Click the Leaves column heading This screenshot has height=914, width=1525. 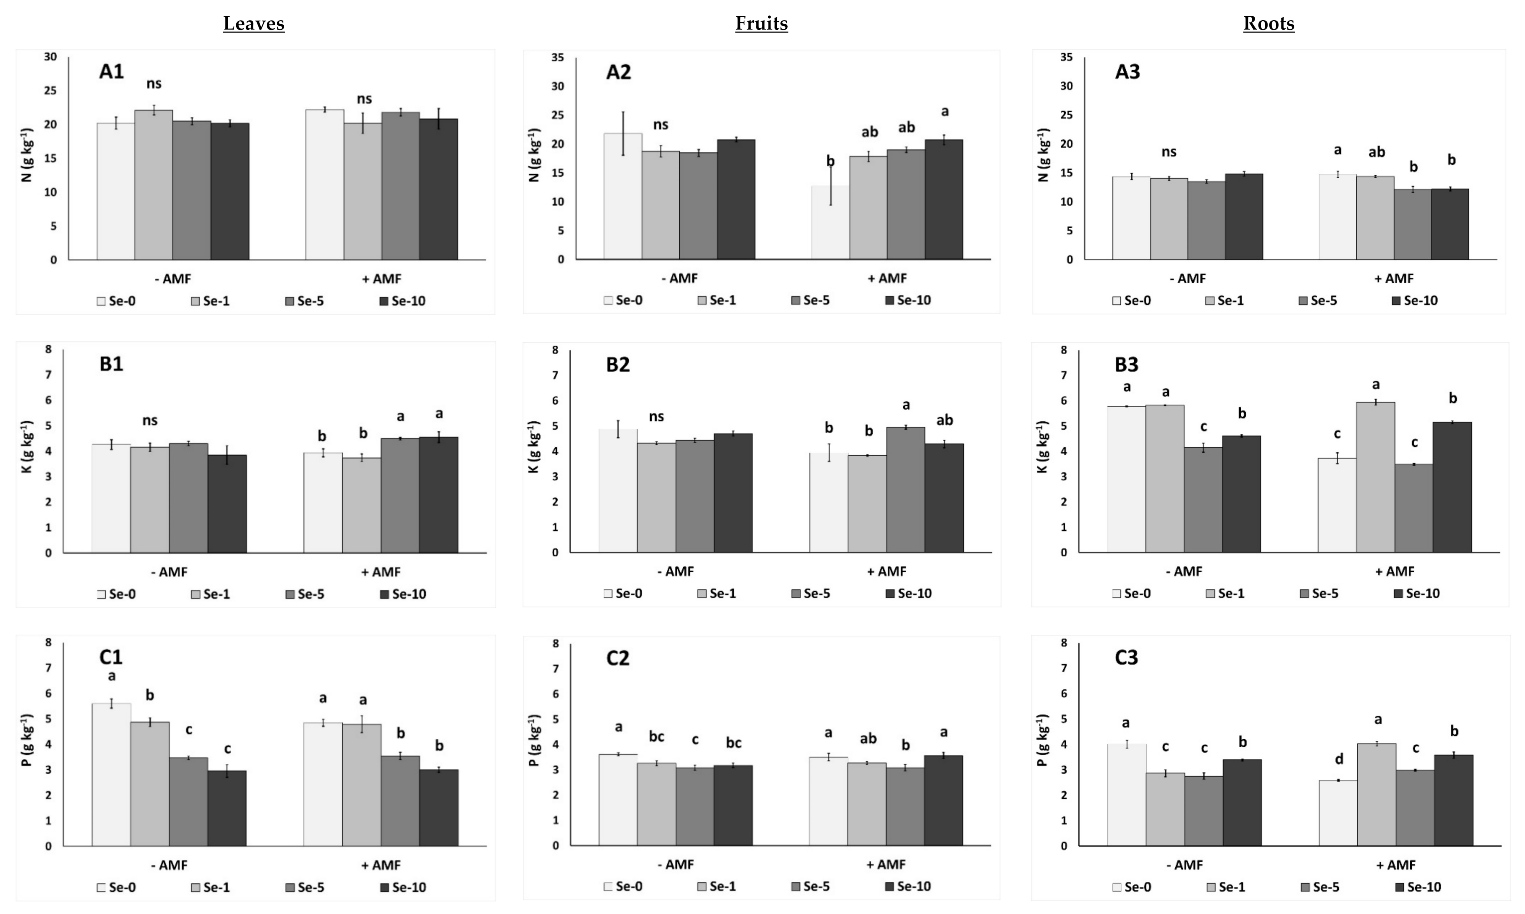point(254,24)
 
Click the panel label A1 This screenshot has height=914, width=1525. point(111,72)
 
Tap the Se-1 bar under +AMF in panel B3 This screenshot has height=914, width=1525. point(1376,477)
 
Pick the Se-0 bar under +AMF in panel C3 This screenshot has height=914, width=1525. point(1337,813)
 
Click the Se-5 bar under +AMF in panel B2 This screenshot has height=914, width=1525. point(906,490)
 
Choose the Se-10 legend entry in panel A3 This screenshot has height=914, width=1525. point(1414,301)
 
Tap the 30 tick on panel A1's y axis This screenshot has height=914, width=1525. point(50,57)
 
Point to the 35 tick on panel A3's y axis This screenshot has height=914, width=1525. point(1066,57)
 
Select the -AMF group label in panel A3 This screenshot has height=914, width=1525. point(1187,278)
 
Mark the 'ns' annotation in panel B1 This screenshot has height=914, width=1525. point(149,421)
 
